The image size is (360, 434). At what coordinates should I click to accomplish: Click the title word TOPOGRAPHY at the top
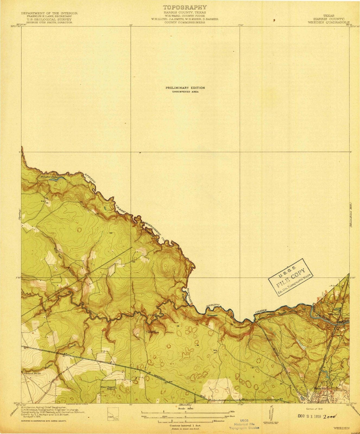coord(184,7)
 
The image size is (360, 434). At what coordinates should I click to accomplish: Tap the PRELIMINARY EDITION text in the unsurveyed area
coord(185,88)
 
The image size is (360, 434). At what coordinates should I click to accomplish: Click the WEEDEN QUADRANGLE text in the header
coord(329,23)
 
